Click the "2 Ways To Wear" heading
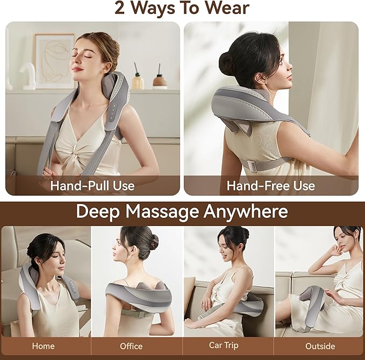(x=182, y=9)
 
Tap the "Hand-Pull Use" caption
(x=92, y=186)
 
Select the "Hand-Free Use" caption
(x=270, y=186)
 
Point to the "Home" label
(x=42, y=346)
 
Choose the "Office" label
(x=131, y=346)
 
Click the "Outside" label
(x=320, y=346)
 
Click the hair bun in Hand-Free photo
(x=227, y=63)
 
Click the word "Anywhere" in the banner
(x=246, y=211)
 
